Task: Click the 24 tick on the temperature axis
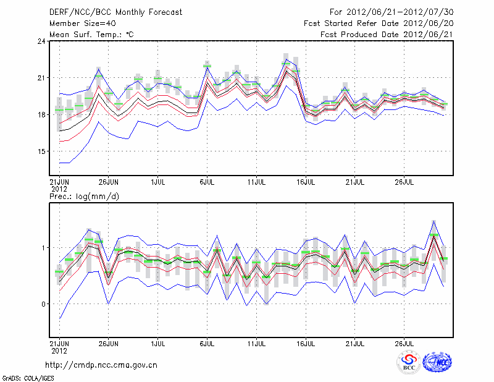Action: [41, 41]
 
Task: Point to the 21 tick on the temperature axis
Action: [41, 78]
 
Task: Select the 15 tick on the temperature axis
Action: [41, 151]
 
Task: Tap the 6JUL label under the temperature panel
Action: [207, 182]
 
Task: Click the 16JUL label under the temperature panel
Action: [306, 182]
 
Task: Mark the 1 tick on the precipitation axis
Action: [44, 248]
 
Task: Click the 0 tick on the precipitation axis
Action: [44, 304]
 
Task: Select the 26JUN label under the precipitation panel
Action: [108, 342]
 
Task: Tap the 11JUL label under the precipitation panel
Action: [256, 342]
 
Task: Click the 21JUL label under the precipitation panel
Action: [355, 342]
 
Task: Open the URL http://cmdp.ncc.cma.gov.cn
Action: [101, 365]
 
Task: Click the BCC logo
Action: [408, 363]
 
